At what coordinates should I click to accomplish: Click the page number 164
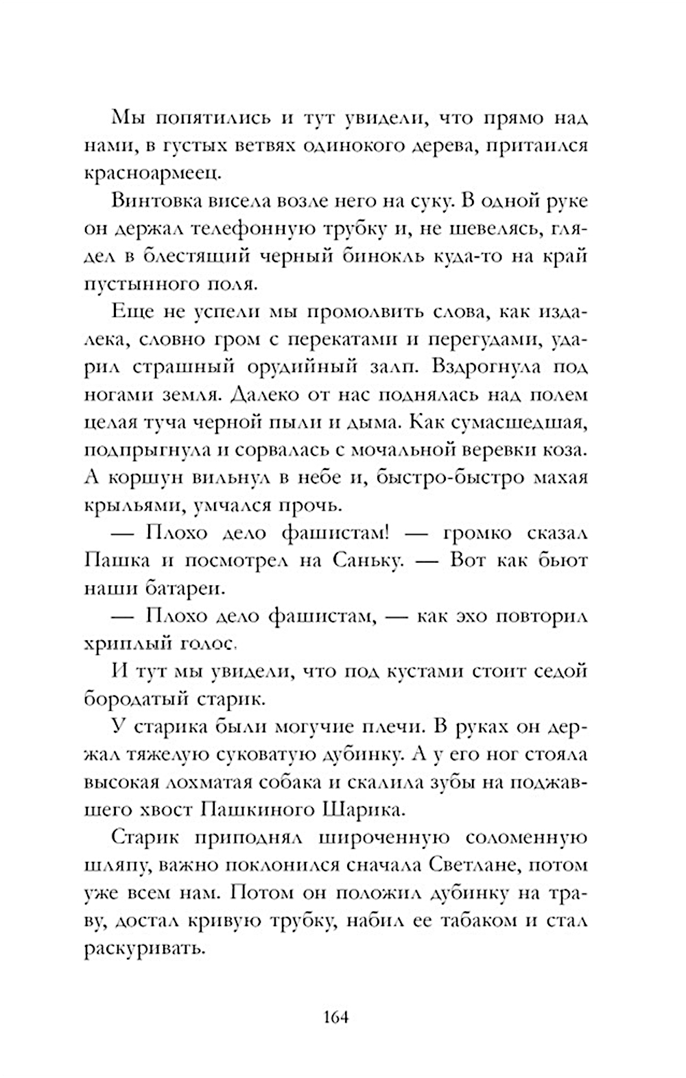click(335, 1016)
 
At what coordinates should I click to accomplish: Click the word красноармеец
click(152, 173)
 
